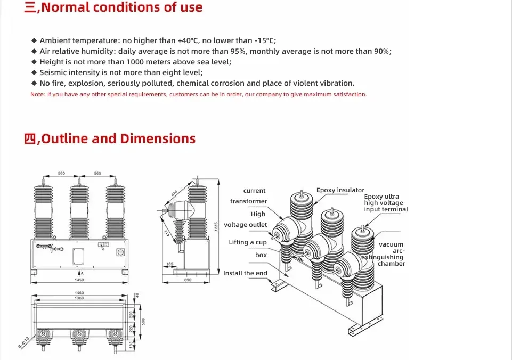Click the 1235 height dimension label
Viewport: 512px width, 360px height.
coord(216,226)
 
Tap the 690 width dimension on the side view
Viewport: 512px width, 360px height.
coord(188,280)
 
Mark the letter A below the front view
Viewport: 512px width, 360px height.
coord(82,273)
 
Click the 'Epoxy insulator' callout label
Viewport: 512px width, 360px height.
coord(340,190)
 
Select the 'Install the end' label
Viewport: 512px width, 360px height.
coord(245,273)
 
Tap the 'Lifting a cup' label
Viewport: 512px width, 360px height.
coord(248,242)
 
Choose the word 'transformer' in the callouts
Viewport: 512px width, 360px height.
coord(248,201)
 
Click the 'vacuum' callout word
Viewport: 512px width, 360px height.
coord(391,244)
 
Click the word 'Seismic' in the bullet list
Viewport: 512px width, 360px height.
coord(53,72)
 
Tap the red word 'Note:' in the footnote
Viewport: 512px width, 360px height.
coord(38,94)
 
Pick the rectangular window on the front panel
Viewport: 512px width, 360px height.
coord(79,255)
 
